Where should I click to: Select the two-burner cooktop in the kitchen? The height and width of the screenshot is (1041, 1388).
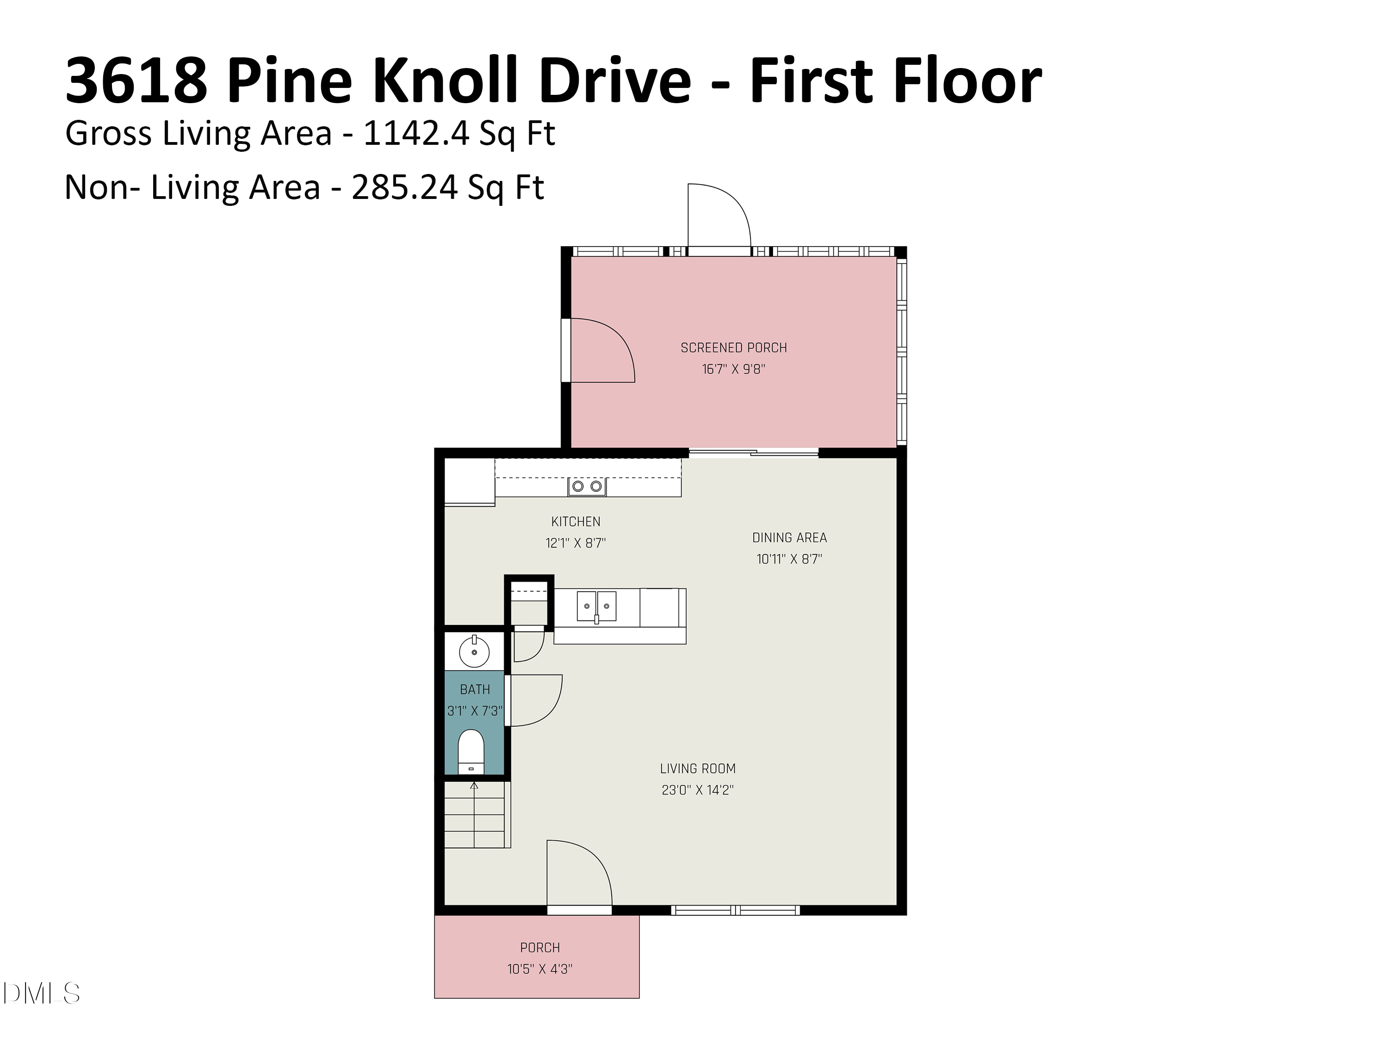click(x=587, y=486)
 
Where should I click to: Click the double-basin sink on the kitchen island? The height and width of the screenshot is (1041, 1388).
click(x=596, y=606)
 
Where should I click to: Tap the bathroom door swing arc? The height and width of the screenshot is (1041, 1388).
click(x=535, y=701)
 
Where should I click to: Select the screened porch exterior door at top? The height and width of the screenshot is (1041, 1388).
click(x=719, y=217)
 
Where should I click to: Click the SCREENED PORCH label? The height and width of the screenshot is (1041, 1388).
click(x=733, y=347)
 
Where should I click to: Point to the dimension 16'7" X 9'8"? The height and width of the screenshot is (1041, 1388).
click(x=733, y=369)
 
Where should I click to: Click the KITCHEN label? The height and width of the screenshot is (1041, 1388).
click(x=576, y=521)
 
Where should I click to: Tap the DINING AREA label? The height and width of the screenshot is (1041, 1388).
click(x=789, y=538)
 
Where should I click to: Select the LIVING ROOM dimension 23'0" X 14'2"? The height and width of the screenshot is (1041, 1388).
click(x=697, y=790)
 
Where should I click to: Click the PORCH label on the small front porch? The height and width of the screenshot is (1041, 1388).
click(x=539, y=948)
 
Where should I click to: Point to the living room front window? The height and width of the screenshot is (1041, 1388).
click(x=736, y=910)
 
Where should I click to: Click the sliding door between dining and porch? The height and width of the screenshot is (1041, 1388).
click(x=754, y=452)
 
